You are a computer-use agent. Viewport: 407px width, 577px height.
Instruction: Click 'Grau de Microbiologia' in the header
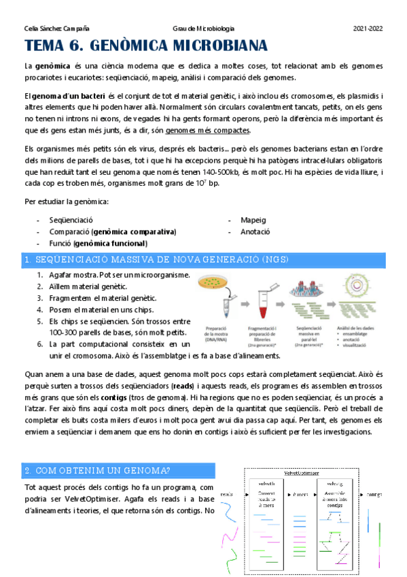(x=203, y=29)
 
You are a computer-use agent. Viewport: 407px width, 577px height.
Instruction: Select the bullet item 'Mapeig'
(x=253, y=220)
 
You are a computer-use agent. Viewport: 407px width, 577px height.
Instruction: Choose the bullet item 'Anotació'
(x=255, y=231)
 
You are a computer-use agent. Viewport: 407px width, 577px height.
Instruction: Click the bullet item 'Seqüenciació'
(x=71, y=220)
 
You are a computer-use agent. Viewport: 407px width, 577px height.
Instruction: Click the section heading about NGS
(x=146, y=260)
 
